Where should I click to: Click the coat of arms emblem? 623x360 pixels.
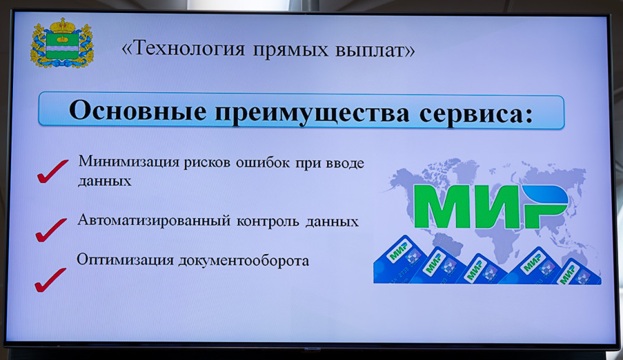pos(62,43)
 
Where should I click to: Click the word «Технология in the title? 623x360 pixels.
pos(183,49)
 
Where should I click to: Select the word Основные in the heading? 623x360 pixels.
pos(138,110)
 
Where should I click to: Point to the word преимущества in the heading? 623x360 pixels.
pos(313,113)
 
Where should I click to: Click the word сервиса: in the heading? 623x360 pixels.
pos(476,114)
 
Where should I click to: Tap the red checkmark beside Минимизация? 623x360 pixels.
pos(52,172)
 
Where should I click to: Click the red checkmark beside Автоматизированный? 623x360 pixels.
pos(51,230)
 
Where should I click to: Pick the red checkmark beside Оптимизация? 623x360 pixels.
pos(50,280)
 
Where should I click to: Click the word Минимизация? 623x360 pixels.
pos(129,162)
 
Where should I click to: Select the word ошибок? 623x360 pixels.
pos(263,163)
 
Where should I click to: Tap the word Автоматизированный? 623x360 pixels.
pos(154,220)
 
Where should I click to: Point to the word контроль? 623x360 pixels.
pos(268,221)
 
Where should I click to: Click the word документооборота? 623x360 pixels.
pos(244,261)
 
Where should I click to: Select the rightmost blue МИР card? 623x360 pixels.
pos(578,272)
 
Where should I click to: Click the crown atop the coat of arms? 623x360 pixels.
pos(62,26)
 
